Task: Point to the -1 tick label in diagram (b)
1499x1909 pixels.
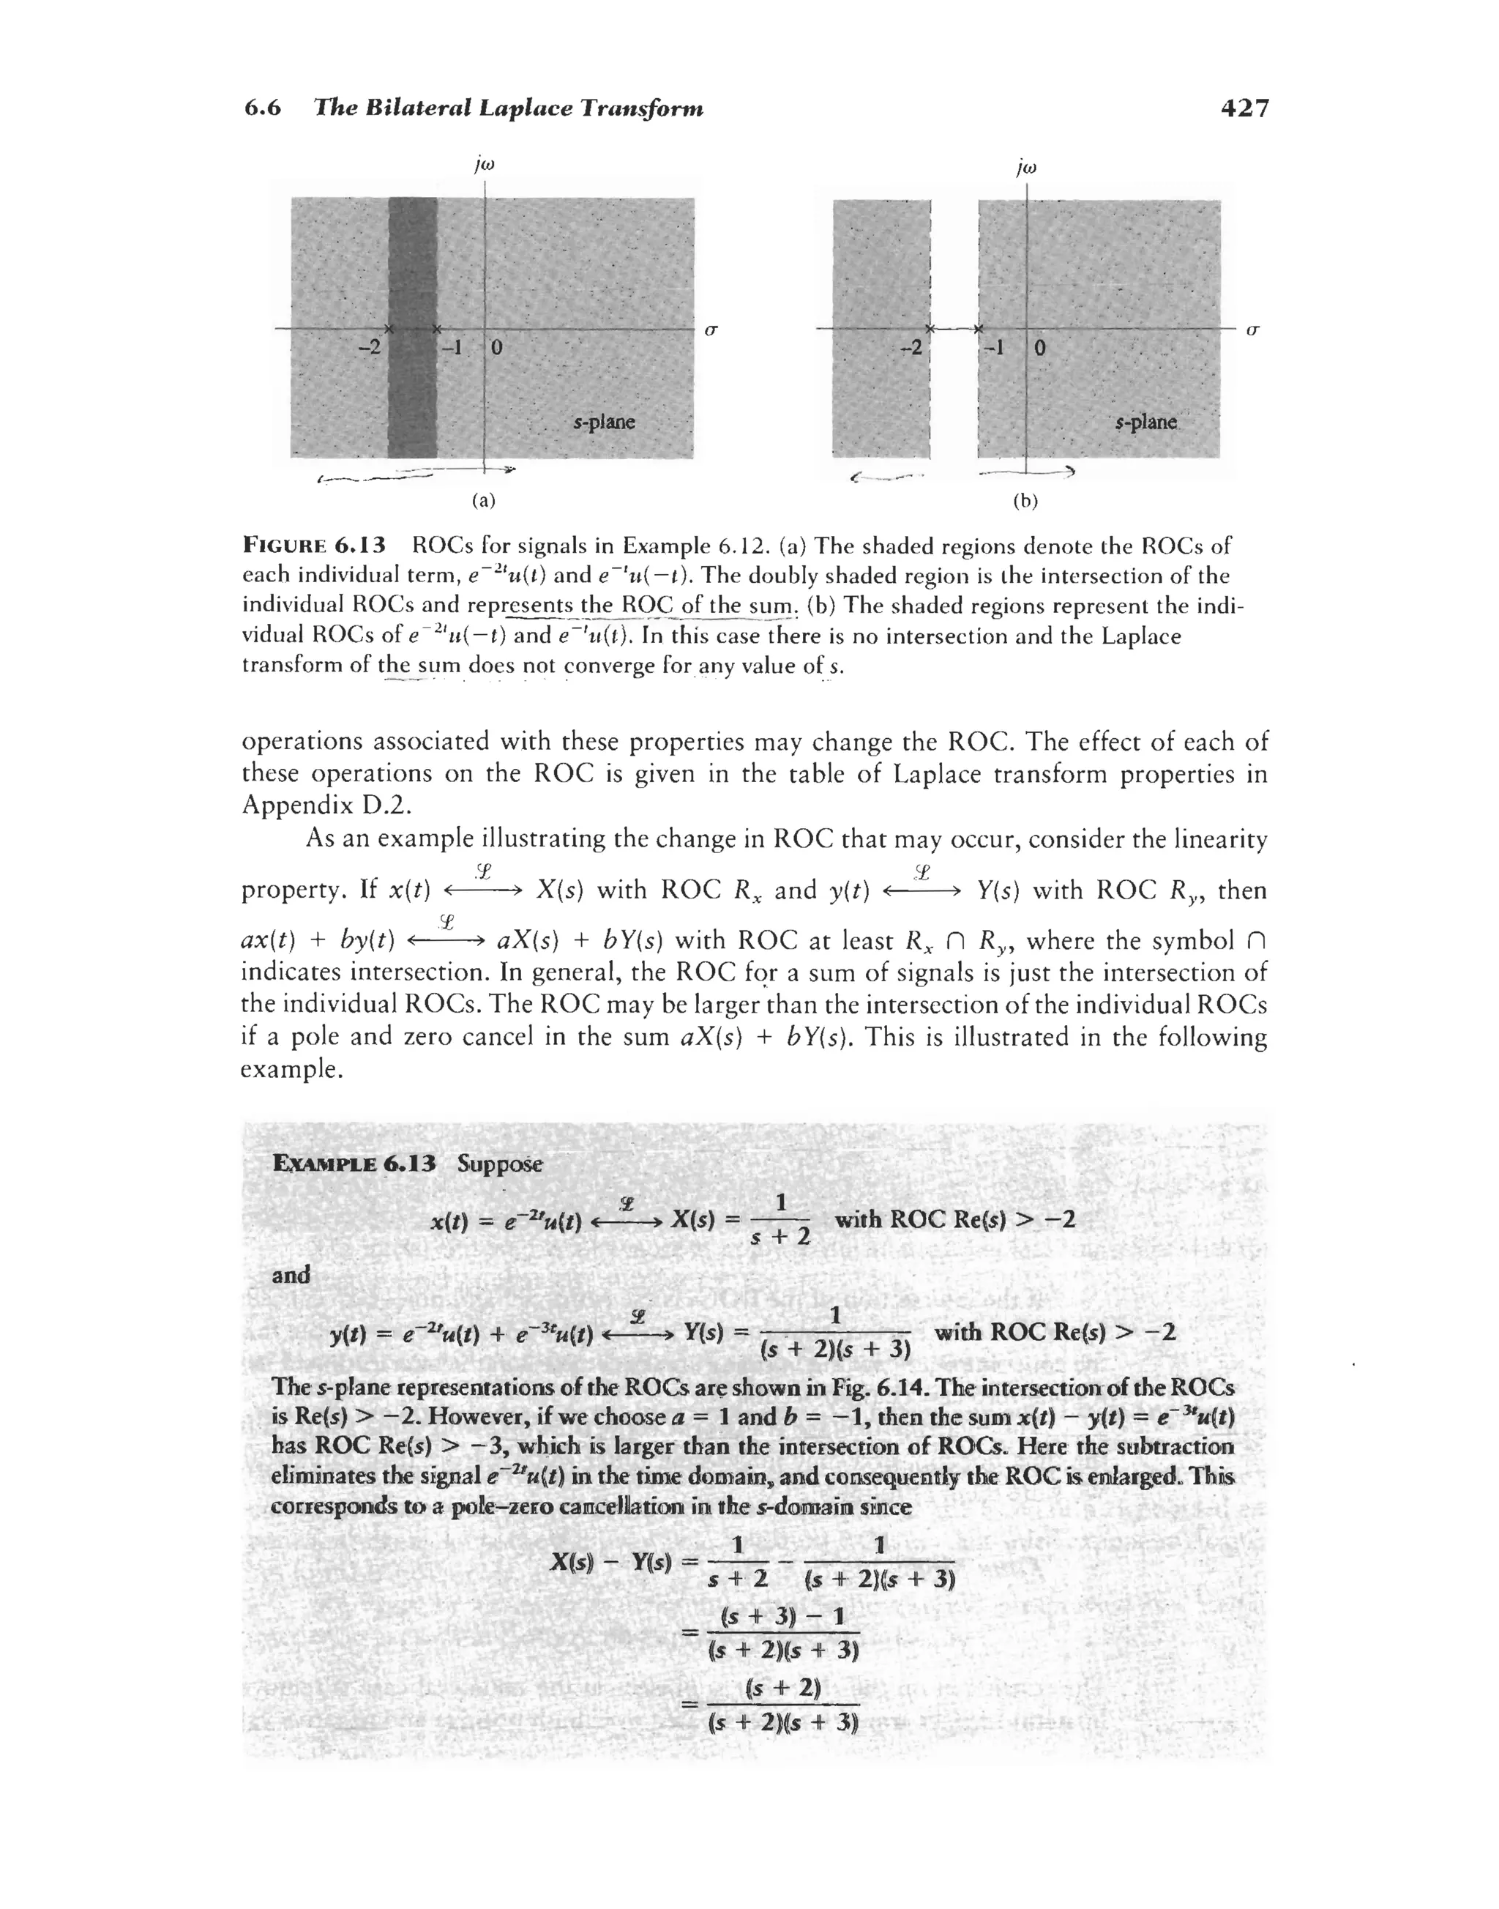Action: point(993,347)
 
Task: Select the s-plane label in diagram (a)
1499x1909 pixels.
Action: point(604,423)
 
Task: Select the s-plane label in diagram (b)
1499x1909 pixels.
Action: point(1145,423)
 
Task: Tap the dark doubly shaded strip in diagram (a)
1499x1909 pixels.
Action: point(413,264)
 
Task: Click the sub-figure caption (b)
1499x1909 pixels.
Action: point(1025,501)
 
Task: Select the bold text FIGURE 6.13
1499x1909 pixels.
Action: point(313,546)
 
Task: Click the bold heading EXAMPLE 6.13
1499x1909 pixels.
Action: point(354,1164)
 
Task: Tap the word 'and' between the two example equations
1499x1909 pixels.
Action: point(291,1274)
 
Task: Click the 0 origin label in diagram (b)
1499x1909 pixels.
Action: point(1039,348)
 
